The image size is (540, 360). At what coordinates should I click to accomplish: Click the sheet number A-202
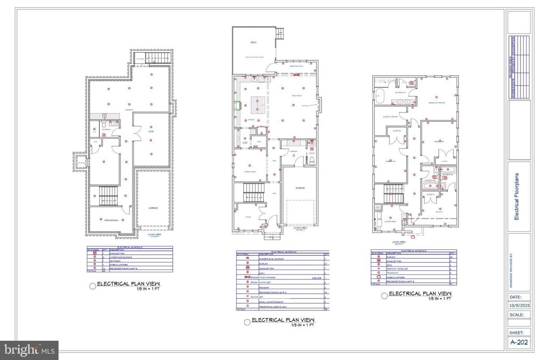coord(519,343)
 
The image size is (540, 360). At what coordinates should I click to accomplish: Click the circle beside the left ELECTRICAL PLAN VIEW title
coord(93,286)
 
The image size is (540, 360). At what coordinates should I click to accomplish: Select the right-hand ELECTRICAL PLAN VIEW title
coord(420,294)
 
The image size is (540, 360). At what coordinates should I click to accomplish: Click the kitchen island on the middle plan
coord(257,103)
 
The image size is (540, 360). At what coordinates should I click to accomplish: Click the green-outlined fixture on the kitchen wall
coord(237,106)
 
